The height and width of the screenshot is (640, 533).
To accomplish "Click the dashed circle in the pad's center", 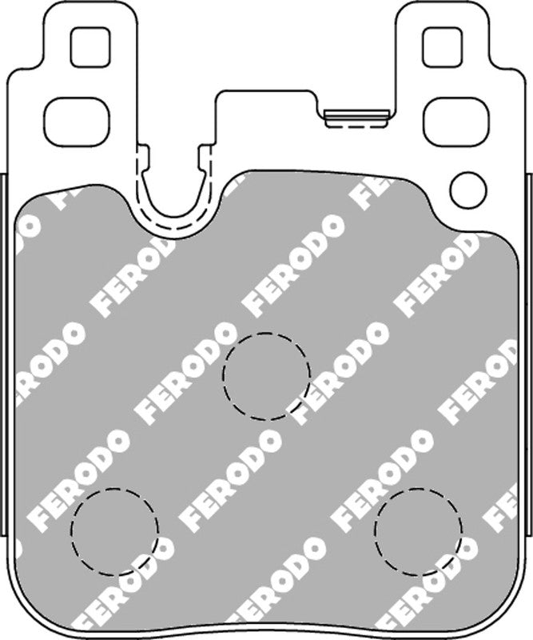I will coord(266,371).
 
